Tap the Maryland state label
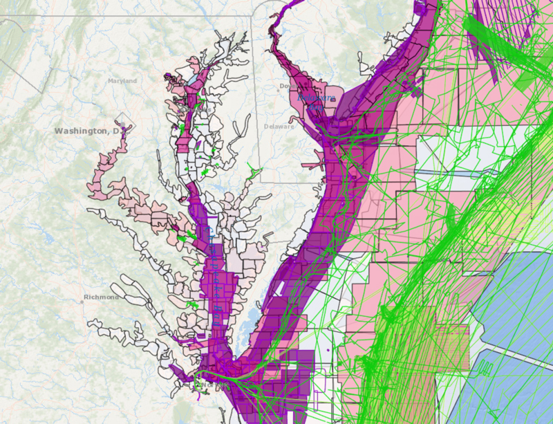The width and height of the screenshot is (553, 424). pyautogui.click(x=122, y=81)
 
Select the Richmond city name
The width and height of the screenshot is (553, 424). pyautogui.click(x=101, y=297)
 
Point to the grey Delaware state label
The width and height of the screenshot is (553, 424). pyautogui.click(x=279, y=127)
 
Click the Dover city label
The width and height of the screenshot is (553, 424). pyautogui.click(x=285, y=86)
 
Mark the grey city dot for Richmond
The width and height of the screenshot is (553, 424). pyautogui.click(x=82, y=300)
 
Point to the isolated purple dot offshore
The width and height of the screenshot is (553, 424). pyautogui.click(x=323, y=352)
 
